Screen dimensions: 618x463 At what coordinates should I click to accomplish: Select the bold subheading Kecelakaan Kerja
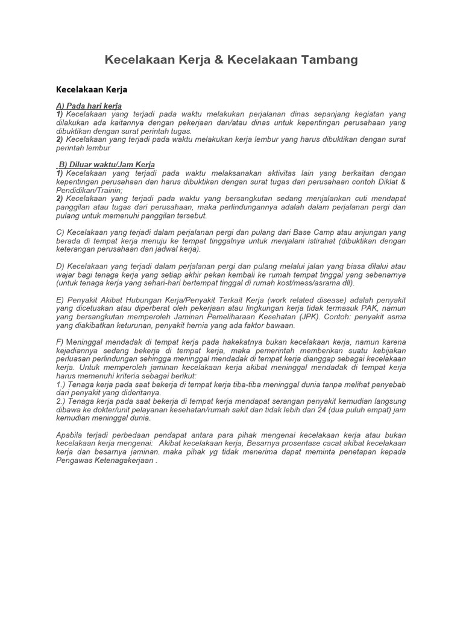point(92,90)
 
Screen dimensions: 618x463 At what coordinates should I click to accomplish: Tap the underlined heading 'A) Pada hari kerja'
point(89,106)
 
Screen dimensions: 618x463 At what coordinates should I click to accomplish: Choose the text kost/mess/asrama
point(308,282)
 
